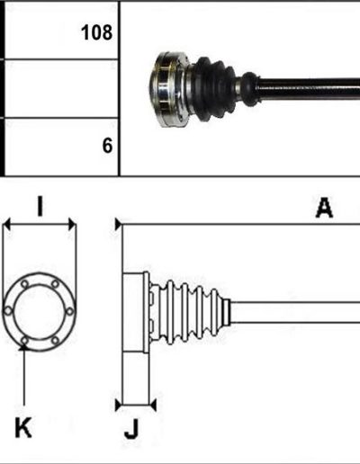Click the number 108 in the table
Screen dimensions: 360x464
click(x=96, y=32)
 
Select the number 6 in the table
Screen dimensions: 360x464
click(x=107, y=146)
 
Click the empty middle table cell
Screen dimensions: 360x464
click(x=61, y=88)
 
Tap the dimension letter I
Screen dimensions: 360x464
click(x=40, y=206)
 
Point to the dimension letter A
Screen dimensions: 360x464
click(x=324, y=207)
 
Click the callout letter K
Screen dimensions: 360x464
click(x=23, y=427)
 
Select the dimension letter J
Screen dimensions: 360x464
click(x=131, y=429)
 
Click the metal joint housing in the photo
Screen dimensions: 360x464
click(x=170, y=89)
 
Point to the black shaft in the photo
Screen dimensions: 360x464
click(x=309, y=87)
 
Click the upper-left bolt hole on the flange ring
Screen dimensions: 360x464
click(x=24, y=284)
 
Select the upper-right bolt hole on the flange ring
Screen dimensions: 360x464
click(x=55, y=283)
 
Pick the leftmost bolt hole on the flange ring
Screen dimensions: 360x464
click(x=8, y=311)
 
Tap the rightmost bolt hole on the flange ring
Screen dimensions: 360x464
click(x=69, y=312)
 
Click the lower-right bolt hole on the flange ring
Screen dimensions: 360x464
click(x=55, y=341)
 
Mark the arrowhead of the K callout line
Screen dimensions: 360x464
click(x=23, y=347)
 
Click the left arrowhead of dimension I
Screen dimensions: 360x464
click(x=6, y=225)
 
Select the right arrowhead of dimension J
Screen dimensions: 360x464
click(x=153, y=406)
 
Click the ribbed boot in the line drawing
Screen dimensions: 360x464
click(x=189, y=312)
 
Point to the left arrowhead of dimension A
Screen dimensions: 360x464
click(x=119, y=224)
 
